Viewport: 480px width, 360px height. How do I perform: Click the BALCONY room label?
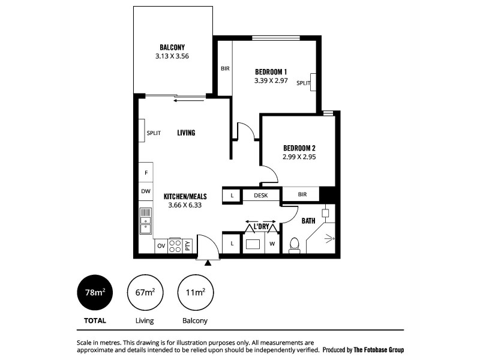pos(172,47)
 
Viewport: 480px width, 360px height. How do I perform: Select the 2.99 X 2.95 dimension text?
pos(299,157)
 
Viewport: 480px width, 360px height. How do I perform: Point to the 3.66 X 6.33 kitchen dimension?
pos(185,205)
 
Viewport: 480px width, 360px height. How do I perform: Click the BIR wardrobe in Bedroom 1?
pos(224,68)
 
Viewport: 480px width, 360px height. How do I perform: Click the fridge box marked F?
pos(146,173)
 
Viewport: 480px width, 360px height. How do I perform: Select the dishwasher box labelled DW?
pos(146,191)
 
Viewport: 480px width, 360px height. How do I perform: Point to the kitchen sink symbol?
pos(146,221)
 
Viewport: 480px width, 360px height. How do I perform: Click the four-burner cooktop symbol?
pos(175,245)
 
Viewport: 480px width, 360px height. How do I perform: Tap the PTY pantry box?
pos(188,245)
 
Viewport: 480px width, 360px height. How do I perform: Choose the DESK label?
pos(260,195)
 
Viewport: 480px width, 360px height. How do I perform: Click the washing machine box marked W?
pos(272,244)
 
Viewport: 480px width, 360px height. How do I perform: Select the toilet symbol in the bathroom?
pos(294,244)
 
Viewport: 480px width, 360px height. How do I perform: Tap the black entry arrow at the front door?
pos(208,263)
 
